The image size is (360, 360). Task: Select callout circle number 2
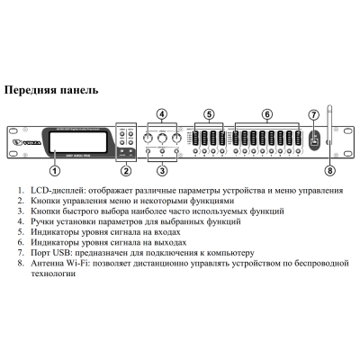(126, 169)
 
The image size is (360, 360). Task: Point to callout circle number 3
(161, 169)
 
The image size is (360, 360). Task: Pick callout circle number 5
(208, 113)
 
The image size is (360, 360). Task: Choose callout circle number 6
(266, 113)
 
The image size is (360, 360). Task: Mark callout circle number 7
(313, 115)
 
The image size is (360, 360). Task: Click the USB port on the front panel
(313, 141)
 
